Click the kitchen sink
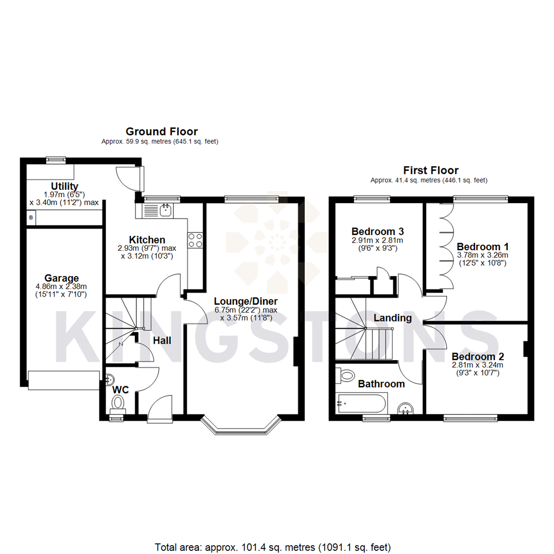tap(160, 210)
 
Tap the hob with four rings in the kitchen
tap(195, 240)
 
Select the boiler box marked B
tap(31, 217)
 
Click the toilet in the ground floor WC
tap(118, 402)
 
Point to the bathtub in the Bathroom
tap(361, 403)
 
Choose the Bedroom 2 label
tap(478, 356)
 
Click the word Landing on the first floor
tap(392, 318)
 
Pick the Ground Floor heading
tap(162, 132)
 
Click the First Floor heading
tap(430, 170)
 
